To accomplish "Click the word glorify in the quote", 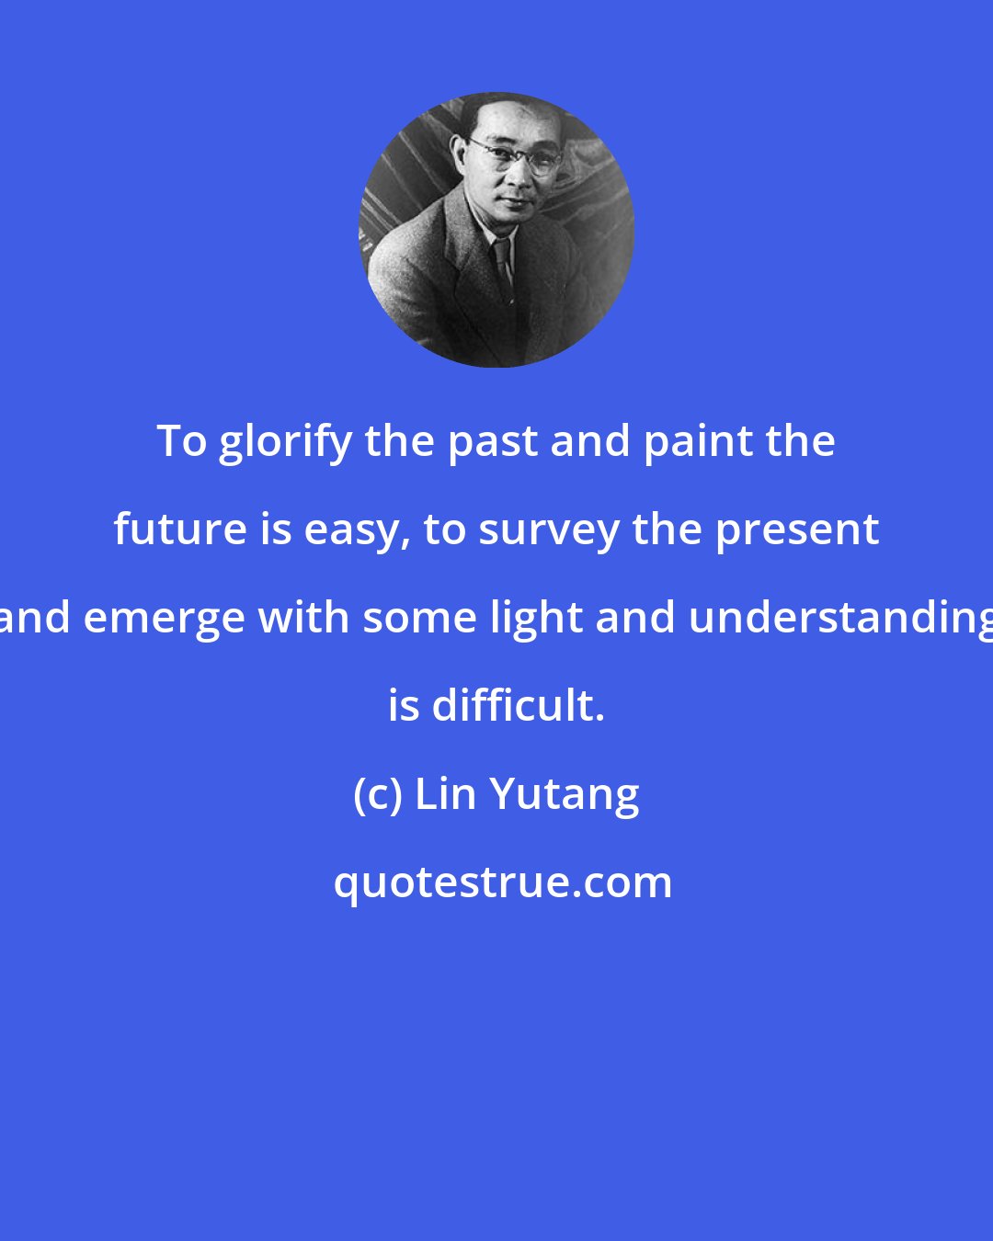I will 285,443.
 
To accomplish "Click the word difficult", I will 518,706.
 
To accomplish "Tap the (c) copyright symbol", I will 377,795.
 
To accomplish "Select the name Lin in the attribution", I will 446,794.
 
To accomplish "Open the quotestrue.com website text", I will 503,882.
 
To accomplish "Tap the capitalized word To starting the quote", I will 181,441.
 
